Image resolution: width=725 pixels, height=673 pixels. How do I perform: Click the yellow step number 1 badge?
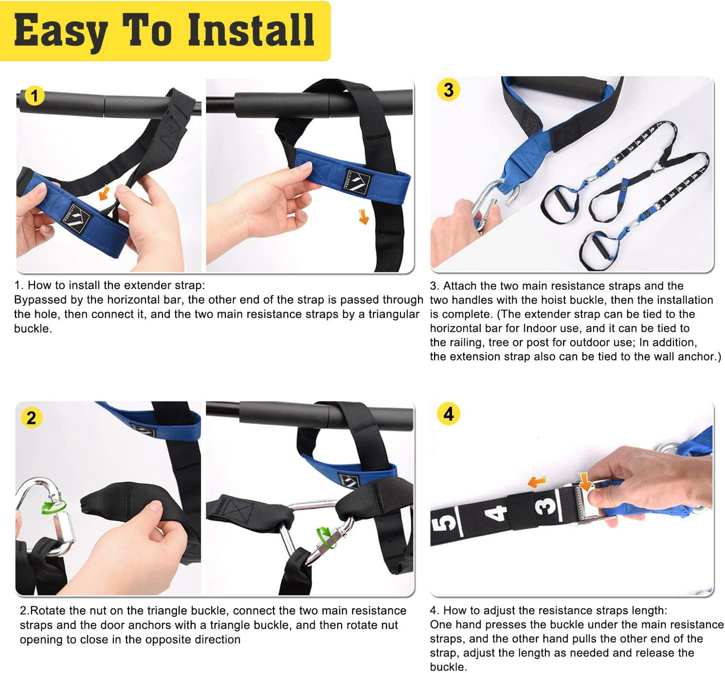click(x=34, y=96)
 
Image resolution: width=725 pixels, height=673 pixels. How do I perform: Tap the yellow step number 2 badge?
click(x=32, y=418)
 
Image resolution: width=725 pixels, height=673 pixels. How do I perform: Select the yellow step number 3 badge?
click(x=448, y=90)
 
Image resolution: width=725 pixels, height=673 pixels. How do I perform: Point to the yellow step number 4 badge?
click(x=448, y=414)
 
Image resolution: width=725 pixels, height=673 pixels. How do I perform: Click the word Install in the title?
click(x=251, y=30)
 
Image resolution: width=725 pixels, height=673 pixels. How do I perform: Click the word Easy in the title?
click(x=61, y=32)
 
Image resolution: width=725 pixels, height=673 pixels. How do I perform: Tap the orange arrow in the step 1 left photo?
click(x=105, y=192)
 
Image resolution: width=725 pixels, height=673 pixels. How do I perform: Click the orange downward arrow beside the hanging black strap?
click(x=364, y=216)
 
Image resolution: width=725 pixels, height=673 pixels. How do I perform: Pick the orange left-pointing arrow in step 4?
click(x=537, y=482)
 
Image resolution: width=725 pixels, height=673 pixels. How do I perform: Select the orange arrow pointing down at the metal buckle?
click(x=585, y=481)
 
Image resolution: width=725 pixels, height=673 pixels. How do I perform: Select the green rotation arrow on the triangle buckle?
click(x=327, y=537)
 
